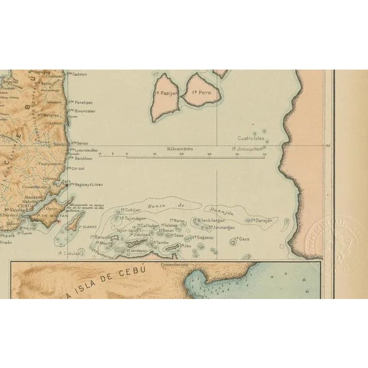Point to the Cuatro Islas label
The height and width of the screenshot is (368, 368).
(251, 139)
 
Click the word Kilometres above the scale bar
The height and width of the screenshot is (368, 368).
(180, 149)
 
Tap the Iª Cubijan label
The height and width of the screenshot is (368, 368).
(129, 210)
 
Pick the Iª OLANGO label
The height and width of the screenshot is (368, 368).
(92, 227)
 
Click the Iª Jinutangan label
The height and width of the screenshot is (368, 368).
(221, 228)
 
